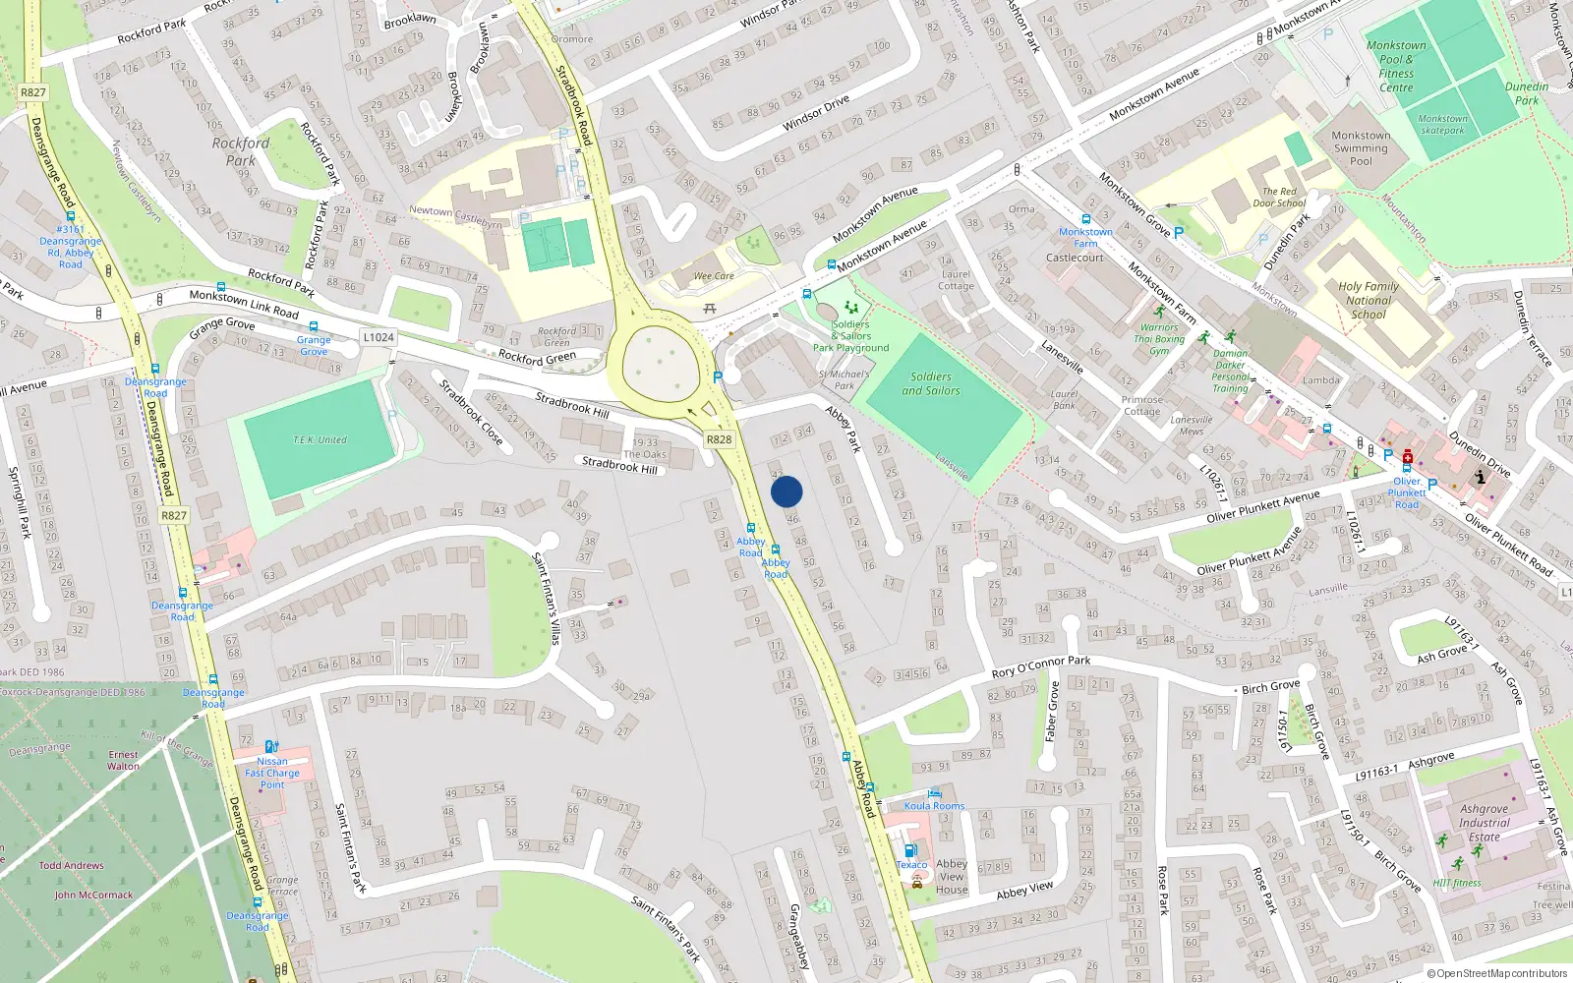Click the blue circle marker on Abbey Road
coord(786,491)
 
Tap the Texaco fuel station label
coord(911,865)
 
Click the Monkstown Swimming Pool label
coord(1361,148)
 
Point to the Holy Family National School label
coord(1368,301)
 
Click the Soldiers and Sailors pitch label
coord(931,383)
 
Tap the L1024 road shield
coord(379,337)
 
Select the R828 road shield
coord(719,439)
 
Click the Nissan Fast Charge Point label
coord(272,773)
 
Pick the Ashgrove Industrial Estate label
coord(1484,823)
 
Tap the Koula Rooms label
coord(934,806)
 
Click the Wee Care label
coord(714,276)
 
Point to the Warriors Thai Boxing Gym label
coord(1159,339)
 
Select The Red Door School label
coord(1279,198)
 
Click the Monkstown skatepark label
coord(1442,124)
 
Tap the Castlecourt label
coord(1075,258)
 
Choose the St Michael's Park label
coord(844,379)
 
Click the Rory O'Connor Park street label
coord(1041,666)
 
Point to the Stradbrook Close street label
coord(471,413)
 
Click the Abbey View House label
coord(952,877)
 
